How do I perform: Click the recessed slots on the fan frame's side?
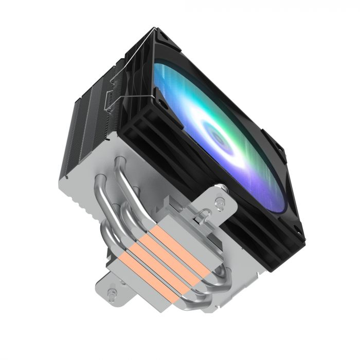tap(144, 139)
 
